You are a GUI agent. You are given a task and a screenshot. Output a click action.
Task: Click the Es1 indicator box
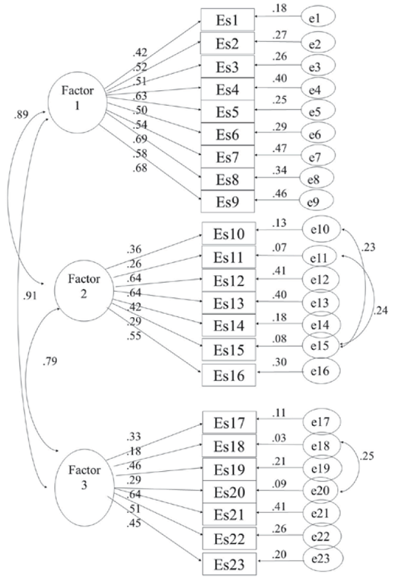(x=227, y=20)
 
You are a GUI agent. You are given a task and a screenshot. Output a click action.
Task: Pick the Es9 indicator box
(x=227, y=201)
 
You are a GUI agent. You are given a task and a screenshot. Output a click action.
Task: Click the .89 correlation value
(x=20, y=115)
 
